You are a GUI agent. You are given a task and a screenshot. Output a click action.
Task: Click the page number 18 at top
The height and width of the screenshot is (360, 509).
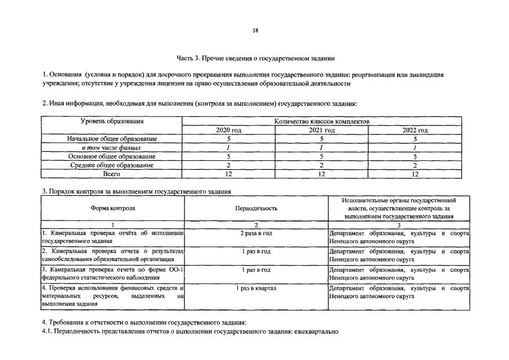coord(255,31)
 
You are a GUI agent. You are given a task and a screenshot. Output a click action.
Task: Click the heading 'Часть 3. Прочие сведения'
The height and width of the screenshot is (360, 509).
coord(256,58)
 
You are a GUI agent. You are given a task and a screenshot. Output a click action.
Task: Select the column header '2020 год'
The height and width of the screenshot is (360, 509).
coord(228,130)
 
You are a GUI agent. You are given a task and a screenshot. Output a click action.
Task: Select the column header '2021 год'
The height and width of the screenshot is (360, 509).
coord(321,130)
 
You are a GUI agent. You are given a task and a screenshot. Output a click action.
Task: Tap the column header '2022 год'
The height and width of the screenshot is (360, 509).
coord(415,130)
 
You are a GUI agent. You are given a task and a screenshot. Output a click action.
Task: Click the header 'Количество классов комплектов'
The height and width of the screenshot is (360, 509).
coord(321,121)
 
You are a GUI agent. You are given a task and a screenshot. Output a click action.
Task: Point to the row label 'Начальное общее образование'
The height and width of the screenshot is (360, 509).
coord(112,139)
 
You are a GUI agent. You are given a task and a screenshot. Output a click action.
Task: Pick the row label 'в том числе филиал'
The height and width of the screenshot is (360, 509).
coord(112,147)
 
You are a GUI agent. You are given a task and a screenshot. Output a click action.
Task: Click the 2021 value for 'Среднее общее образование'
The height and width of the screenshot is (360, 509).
coord(321,165)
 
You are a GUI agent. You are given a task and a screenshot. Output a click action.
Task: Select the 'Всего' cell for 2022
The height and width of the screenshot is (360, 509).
coord(415,174)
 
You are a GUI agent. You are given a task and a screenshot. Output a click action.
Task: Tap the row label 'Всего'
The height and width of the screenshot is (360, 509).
coord(112,174)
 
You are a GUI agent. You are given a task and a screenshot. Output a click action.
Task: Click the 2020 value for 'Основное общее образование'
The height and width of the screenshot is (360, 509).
coord(228,156)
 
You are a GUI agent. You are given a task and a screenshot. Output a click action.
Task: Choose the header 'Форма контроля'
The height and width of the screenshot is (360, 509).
coord(113,208)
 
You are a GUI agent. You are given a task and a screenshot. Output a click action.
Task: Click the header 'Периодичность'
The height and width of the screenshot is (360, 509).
coord(256,208)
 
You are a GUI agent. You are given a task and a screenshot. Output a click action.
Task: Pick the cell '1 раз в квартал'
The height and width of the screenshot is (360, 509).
coord(256,289)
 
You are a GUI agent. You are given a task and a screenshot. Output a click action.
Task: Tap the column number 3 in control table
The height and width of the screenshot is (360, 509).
coord(398,224)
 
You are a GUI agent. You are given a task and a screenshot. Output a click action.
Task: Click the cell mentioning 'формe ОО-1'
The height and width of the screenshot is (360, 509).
coord(113,274)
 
